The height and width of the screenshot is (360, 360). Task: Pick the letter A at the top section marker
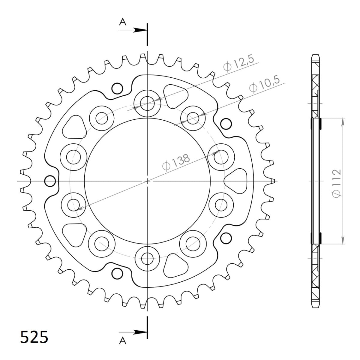(122, 22)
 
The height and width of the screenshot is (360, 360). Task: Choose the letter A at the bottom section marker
(122, 340)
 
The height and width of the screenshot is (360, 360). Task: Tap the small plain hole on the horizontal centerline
(50, 181)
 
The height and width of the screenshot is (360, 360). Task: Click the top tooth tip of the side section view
(316, 56)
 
